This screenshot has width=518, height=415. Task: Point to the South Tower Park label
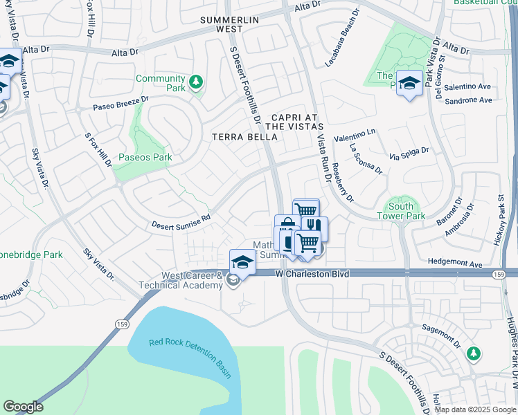tap(401, 211)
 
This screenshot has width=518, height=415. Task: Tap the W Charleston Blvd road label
tap(311, 274)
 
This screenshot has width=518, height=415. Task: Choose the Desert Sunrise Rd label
tap(181, 221)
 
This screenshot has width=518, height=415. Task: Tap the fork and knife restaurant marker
tap(314, 228)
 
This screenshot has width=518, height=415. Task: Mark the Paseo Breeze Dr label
tap(121, 104)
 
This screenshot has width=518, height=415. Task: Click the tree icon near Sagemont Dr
tap(473, 353)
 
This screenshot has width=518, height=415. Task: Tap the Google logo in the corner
tap(23, 407)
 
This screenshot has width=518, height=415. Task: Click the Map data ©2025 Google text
tap(475, 409)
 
